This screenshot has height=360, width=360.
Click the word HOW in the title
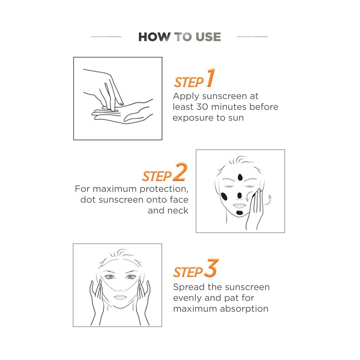[x=154, y=37]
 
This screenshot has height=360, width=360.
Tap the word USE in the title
[x=208, y=37]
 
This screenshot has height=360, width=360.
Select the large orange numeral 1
[x=211, y=78]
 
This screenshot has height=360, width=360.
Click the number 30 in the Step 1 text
[x=202, y=107]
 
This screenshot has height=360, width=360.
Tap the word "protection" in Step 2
[x=164, y=189]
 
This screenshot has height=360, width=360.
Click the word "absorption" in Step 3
[x=244, y=309]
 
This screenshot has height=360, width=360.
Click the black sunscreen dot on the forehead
[x=240, y=177]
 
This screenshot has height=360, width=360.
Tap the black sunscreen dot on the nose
[x=239, y=195]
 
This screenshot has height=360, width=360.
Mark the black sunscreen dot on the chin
[x=239, y=213]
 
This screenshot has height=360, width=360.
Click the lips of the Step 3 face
[x=120, y=297]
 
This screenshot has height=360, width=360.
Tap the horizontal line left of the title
[x=106, y=37]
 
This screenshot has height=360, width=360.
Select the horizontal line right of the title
[x=252, y=37]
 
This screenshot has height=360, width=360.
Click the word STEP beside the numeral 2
[x=157, y=176]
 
